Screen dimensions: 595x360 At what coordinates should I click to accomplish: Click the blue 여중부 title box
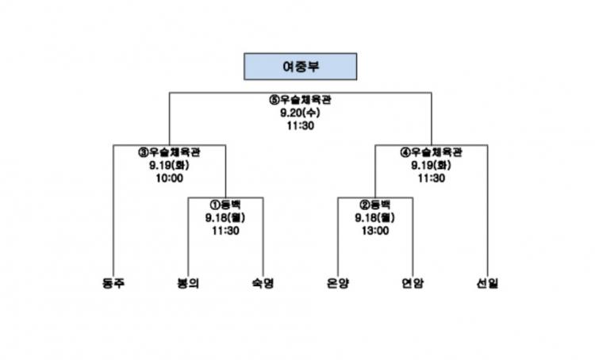tap(300, 67)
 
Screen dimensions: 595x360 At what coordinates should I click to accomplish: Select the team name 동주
tap(113, 283)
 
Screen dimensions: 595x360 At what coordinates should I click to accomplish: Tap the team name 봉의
tap(188, 283)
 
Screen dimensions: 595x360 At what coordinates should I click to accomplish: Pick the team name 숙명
tap(263, 283)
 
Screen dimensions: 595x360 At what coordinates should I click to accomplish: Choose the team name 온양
tap(337, 283)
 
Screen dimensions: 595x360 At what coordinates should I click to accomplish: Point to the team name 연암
tap(413, 283)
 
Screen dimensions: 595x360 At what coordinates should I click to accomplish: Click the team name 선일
tap(487, 283)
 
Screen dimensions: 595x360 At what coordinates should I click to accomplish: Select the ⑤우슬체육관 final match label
tap(300, 100)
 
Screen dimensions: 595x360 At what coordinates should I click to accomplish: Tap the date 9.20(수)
tap(300, 113)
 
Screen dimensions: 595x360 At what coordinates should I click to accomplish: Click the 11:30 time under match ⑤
tap(300, 125)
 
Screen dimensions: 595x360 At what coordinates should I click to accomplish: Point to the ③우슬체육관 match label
tap(169, 152)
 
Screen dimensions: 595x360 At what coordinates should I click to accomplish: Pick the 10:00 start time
tap(169, 178)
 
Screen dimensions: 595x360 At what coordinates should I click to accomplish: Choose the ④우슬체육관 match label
tap(431, 152)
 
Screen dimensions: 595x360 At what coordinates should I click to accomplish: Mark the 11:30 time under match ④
tap(431, 178)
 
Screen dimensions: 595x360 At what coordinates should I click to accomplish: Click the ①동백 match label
tap(225, 205)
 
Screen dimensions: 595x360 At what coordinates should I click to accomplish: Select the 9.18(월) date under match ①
tap(225, 218)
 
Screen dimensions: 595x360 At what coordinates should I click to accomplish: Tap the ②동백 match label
tap(375, 205)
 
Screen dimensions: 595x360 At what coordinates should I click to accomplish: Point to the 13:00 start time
tap(375, 231)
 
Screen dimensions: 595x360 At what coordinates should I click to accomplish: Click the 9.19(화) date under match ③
tap(169, 165)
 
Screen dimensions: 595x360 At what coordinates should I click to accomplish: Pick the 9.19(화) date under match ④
tap(431, 165)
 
